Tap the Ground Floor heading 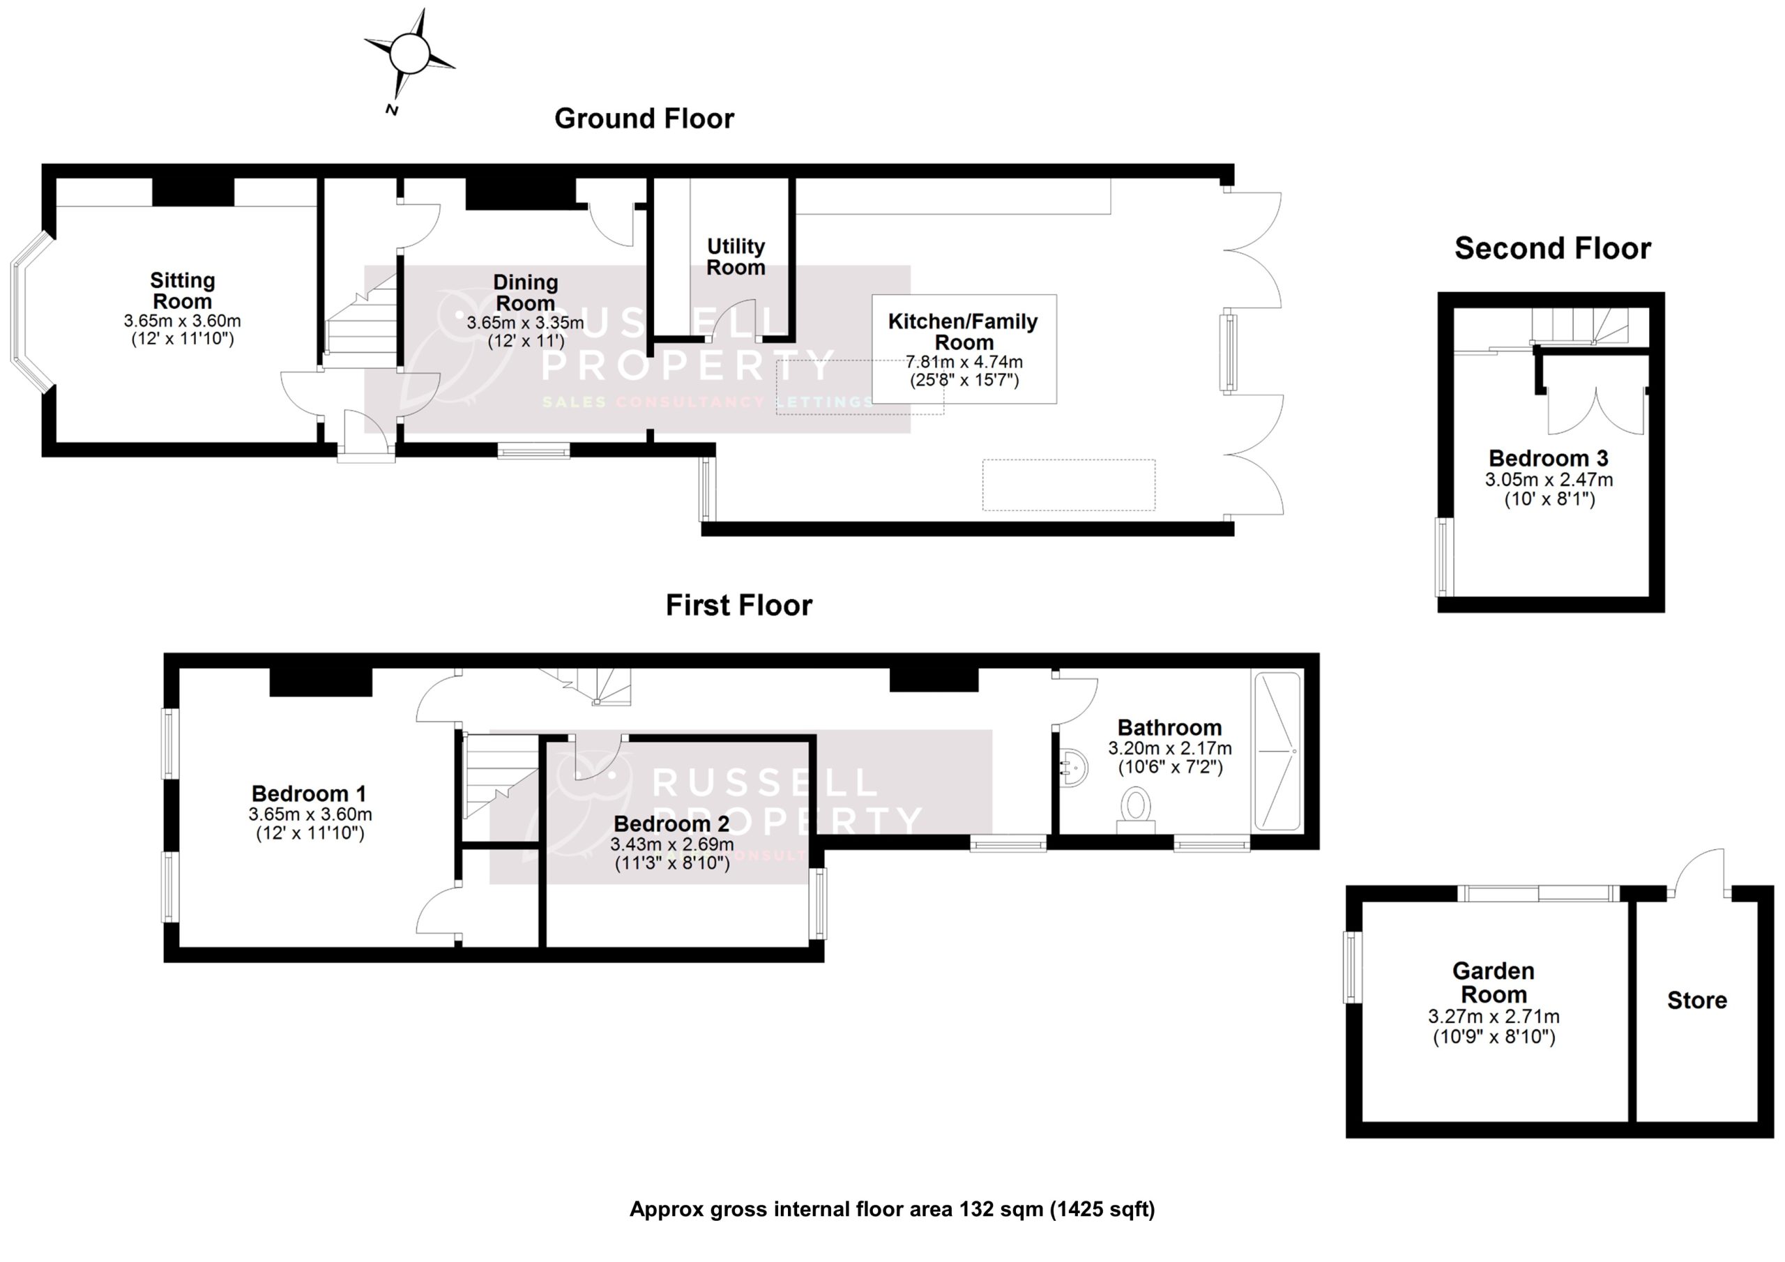644,119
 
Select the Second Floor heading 1552,248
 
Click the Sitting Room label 182,290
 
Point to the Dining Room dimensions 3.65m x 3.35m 526,323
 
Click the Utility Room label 736,257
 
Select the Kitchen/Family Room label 962,331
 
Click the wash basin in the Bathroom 1071,768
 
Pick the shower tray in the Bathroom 1277,751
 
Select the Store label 1696,1000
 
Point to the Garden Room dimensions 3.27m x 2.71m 1494,1017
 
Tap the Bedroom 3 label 1548,458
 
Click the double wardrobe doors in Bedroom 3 1596,412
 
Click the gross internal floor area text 892,1209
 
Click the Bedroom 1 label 309,793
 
